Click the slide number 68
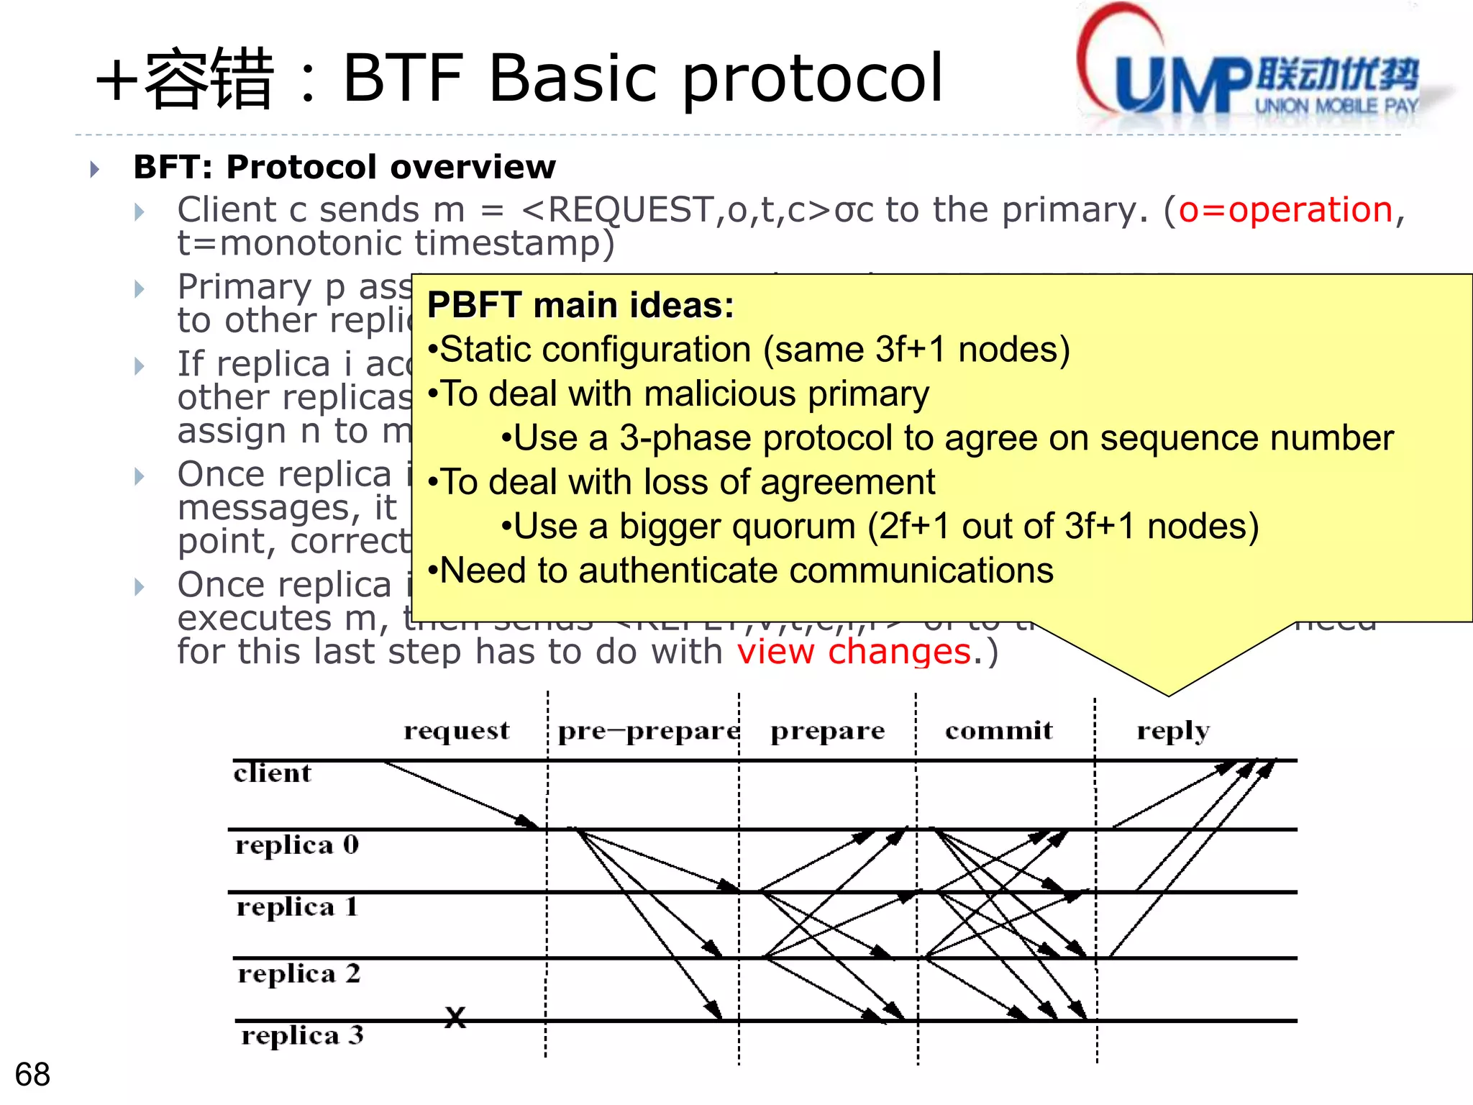pyautogui.click(x=32, y=1074)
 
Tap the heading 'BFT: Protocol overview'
pyautogui.click(x=345, y=167)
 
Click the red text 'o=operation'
pyautogui.click(x=1285, y=210)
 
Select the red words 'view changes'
pyautogui.click(x=854, y=652)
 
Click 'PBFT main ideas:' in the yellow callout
pyautogui.click(x=580, y=305)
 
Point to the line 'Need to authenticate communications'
pyautogui.click(x=745, y=570)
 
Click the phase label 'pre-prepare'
pyautogui.click(x=648, y=731)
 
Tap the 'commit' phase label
pyautogui.click(x=998, y=731)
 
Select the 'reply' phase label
pyautogui.click(x=1173, y=731)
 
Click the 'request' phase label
pyautogui.click(x=457, y=731)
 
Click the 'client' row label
pyautogui.click(x=273, y=773)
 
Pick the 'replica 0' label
pyautogui.click(x=297, y=845)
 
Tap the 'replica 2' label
pyautogui.click(x=298, y=973)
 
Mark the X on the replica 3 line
pyautogui.click(x=455, y=1017)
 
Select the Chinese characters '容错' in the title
pyautogui.click(x=209, y=79)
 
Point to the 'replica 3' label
pyautogui.click(x=302, y=1035)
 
